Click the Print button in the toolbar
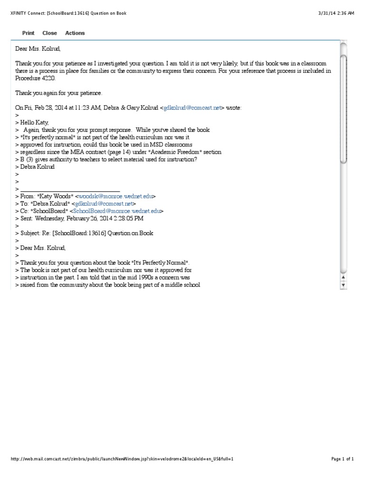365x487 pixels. (28, 33)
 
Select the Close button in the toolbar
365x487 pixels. (49, 33)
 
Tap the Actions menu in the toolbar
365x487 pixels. (75, 33)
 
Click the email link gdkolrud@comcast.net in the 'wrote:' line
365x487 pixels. (192, 108)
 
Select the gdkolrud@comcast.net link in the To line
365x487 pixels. (102, 204)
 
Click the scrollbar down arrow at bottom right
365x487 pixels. (344, 285)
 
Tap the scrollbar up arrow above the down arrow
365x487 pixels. (344, 277)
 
